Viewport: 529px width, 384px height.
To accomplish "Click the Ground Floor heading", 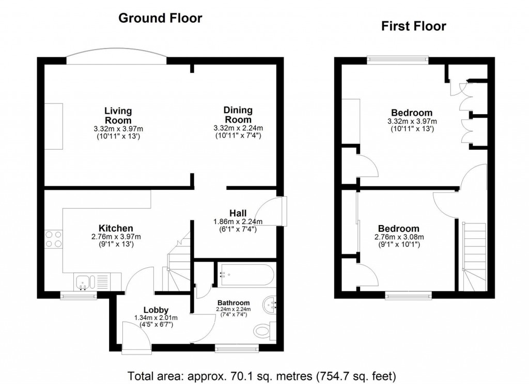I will (x=160, y=19).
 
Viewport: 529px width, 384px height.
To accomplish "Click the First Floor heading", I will (x=413, y=26).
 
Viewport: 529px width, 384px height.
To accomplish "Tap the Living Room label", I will (x=118, y=116).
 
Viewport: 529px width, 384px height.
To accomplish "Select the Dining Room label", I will (x=238, y=115).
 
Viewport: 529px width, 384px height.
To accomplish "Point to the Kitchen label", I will (x=116, y=228).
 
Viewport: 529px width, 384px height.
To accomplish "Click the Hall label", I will (x=238, y=213).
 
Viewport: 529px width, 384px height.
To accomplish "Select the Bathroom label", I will (x=234, y=303).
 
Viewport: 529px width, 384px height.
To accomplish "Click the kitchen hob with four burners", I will (x=54, y=239).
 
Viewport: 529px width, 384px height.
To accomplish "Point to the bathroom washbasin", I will (x=270, y=305).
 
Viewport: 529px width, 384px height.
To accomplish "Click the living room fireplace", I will (x=53, y=126).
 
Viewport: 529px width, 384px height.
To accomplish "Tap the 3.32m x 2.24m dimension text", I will (x=238, y=129).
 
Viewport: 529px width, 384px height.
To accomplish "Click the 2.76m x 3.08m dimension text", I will (x=398, y=237).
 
